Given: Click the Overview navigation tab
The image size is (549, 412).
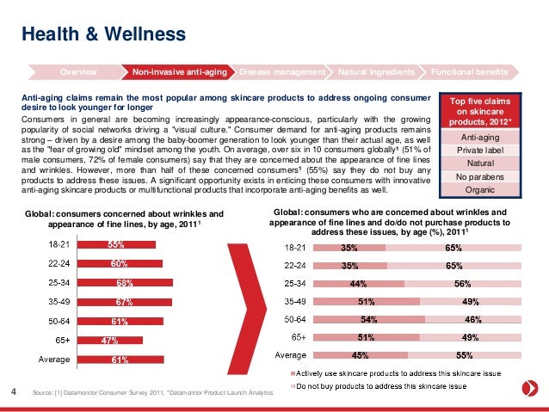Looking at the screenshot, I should [77, 70].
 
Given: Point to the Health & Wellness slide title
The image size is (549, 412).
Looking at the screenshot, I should [103, 34].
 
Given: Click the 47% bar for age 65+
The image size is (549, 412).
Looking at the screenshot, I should [110, 341].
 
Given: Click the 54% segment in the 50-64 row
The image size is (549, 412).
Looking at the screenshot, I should [371, 318].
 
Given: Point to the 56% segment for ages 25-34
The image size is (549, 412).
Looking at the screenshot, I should [462, 282].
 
